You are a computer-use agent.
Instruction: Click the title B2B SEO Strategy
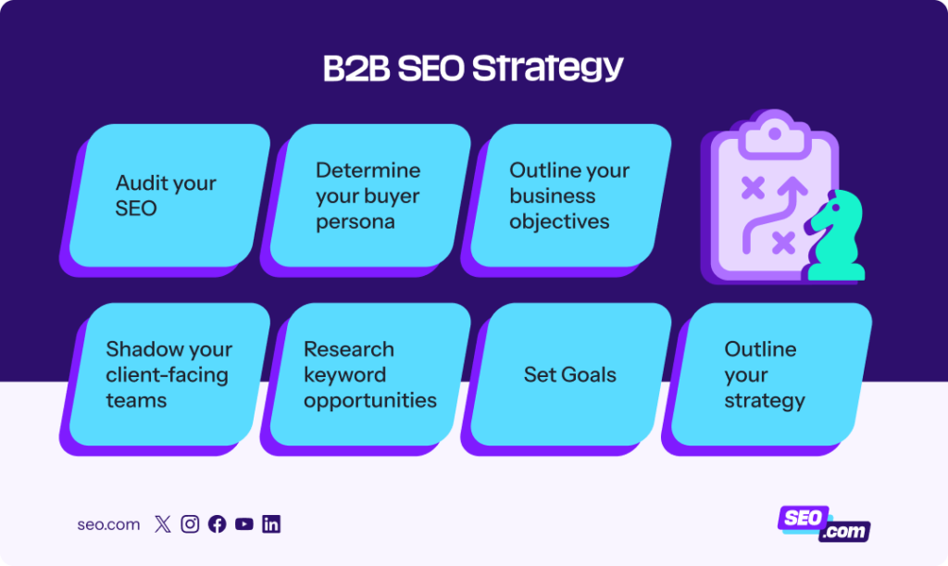tap(473, 69)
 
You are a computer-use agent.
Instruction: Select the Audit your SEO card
tap(167, 195)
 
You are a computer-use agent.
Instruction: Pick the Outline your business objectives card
tap(569, 195)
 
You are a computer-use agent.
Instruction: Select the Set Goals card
tap(570, 374)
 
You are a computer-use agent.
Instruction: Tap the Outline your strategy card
tap(767, 374)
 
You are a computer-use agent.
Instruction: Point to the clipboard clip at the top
tap(774, 132)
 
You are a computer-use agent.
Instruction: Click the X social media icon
tap(163, 524)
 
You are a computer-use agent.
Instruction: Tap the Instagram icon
tap(190, 524)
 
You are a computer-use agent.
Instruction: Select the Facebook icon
tap(217, 524)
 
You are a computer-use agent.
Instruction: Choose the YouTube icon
tap(243, 524)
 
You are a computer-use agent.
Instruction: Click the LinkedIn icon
tap(271, 524)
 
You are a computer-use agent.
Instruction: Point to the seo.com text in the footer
tap(108, 524)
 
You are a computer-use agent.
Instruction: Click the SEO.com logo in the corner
tap(823, 523)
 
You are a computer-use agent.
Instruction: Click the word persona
tap(355, 221)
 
